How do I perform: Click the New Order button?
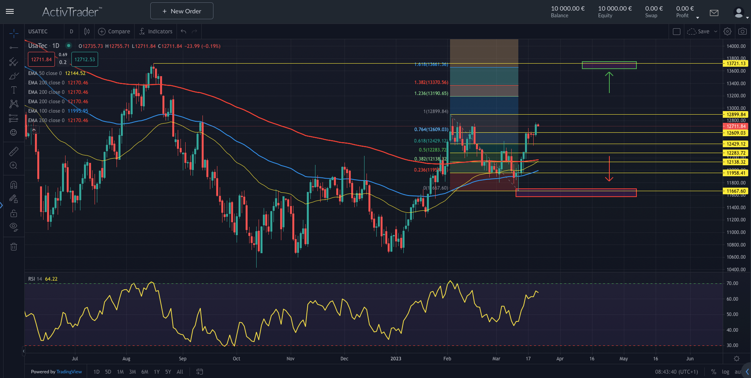tap(182, 11)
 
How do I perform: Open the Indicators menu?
tap(156, 31)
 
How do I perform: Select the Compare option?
tap(114, 31)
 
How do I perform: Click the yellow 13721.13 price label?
tap(736, 64)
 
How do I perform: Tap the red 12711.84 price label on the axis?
tap(736, 126)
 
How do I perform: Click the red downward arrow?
tap(609, 169)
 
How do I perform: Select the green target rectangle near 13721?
tap(609, 65)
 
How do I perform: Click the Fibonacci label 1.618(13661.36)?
tap(431, 64)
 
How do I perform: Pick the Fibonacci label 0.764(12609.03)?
tap(431, 130)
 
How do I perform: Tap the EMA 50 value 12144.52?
tap(75, 73)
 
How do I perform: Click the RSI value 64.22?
tap(51, 279)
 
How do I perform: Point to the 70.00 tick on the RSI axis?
tap(732, 283)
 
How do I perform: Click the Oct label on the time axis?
tap(236, 359)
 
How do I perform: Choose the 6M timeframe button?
tap(145, 372)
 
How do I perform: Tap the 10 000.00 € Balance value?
tap(567, 9)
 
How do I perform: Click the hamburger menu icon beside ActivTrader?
tap(10, 11)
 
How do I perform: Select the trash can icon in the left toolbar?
tap(14, 247)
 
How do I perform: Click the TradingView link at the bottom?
tap(69, 372)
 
